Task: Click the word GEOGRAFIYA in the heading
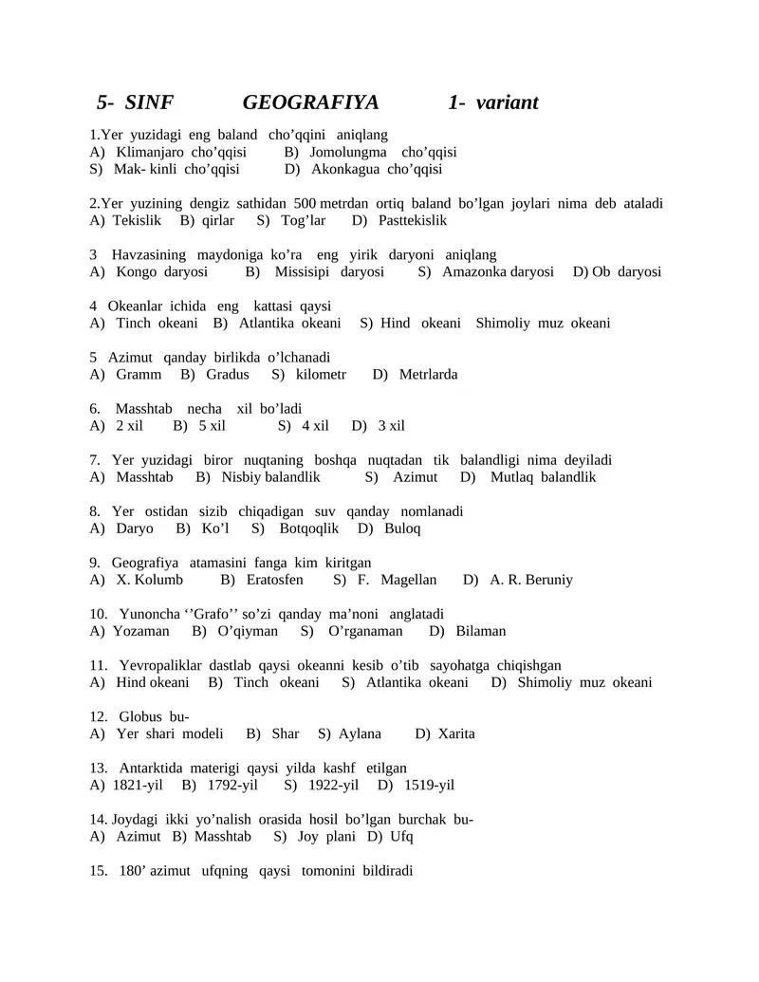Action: pos(310,102)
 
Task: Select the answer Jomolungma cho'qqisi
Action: pos(382,152)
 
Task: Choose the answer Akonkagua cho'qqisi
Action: pos(377,169)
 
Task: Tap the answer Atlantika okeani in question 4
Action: pos(289,323)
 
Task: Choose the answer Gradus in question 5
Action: pos(227,374)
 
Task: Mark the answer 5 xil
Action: pos(211,425)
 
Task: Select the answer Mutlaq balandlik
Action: pos(543,476)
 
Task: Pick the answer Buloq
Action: pos(402,528)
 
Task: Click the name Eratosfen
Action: pos(274,579)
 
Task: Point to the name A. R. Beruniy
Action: pos(531,579)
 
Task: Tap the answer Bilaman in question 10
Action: pos(480,630)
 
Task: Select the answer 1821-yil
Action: pos(138,785)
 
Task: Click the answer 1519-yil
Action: pos(429,785)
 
